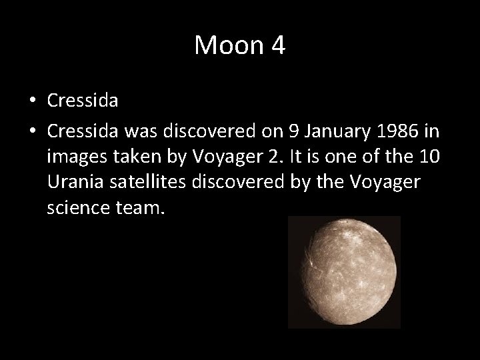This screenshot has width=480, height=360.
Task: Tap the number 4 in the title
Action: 277,45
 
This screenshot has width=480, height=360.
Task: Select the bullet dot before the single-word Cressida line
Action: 33,101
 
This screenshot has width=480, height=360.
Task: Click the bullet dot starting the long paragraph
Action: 33,129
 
